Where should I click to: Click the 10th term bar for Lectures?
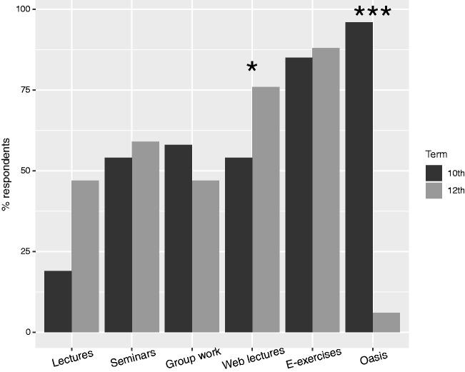58,301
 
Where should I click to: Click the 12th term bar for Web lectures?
266,209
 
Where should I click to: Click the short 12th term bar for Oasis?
386,323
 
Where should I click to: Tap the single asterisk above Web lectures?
252,69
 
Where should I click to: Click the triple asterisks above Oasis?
373,13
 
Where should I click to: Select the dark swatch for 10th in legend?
434,174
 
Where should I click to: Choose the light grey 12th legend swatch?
434,190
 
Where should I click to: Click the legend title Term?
436,154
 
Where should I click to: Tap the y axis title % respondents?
6,171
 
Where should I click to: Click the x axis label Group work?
193,358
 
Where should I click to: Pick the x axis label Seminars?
133,358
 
